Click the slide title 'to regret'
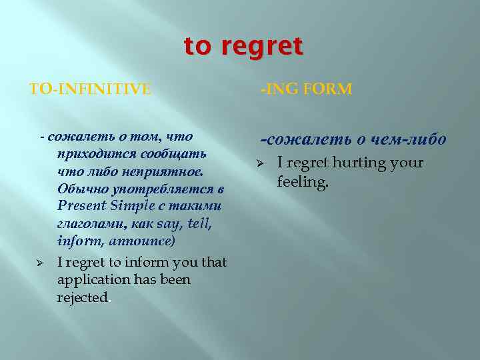(243, 47)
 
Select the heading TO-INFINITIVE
(91, 89)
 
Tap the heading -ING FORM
(306, 89)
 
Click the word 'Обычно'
(80, 189)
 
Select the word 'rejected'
(82, 297)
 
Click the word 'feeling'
(301, 181)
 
